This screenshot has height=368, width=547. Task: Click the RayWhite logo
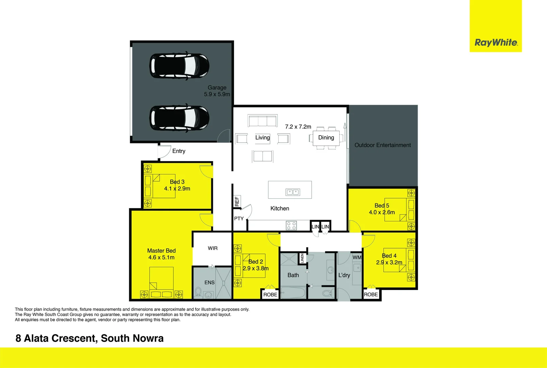496,43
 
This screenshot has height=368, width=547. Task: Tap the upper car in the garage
179,66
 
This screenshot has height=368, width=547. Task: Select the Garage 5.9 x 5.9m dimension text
217,94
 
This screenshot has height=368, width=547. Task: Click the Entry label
178,151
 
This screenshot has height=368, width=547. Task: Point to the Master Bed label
161,250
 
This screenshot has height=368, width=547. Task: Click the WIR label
213,248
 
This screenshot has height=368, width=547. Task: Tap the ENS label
209,282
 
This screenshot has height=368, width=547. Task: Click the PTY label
239,218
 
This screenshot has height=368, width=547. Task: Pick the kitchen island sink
293,192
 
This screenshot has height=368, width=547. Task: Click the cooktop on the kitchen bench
291,225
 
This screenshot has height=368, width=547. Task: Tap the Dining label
326,137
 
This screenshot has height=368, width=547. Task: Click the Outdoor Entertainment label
382,145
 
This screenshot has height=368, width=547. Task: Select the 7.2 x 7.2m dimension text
298,127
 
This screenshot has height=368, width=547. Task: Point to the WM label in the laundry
357,257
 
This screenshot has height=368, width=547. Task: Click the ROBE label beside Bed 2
270,294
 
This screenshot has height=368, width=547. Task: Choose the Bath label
293,275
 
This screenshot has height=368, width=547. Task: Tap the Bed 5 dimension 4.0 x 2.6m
382,212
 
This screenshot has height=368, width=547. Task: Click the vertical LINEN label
302,258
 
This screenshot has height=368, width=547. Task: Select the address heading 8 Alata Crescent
90,338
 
